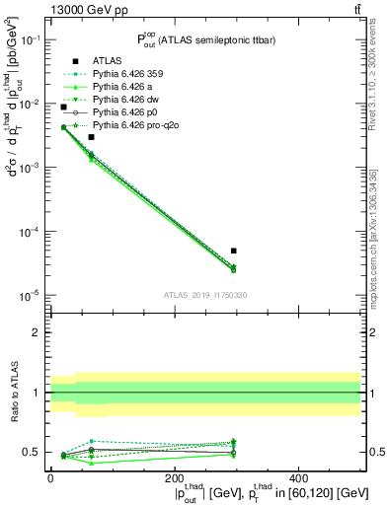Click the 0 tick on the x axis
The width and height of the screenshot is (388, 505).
point(50,486)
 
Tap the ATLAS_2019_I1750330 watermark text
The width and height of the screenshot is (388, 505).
point(205,295)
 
